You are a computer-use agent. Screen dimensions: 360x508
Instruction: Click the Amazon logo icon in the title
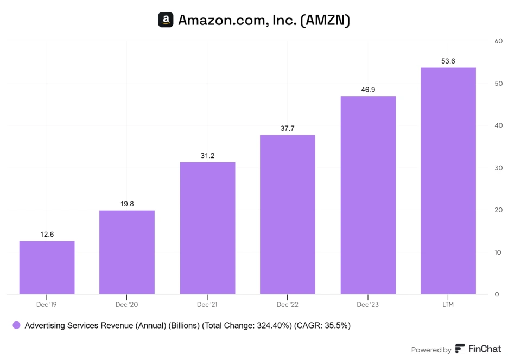click(166, 20)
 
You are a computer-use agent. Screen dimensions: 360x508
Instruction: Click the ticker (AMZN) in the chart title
click(325, 21)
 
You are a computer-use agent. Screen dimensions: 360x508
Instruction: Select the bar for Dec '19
click(47, 267)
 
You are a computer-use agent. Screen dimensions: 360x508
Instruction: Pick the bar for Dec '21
click(207, 228)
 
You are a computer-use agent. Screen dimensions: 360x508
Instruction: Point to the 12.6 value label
click(47, 234)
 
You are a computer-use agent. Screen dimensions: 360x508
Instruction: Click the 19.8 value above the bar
click(127, 204)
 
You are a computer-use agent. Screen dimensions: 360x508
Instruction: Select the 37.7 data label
click(288, 128)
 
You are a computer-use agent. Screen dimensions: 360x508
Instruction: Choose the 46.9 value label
click(368, 90)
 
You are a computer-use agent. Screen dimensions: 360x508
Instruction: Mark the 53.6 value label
click(448, 61)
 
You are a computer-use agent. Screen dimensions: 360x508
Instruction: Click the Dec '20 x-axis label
click(127, 305)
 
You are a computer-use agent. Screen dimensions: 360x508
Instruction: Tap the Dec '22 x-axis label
click(288, 305)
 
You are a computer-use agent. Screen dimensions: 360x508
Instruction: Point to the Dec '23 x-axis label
click(368, 305)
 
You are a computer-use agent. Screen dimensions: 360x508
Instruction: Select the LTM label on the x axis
click(448, 305)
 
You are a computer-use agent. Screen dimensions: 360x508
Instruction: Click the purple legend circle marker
click(16, 325)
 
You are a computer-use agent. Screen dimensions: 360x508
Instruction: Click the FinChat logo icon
click(460, 349)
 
